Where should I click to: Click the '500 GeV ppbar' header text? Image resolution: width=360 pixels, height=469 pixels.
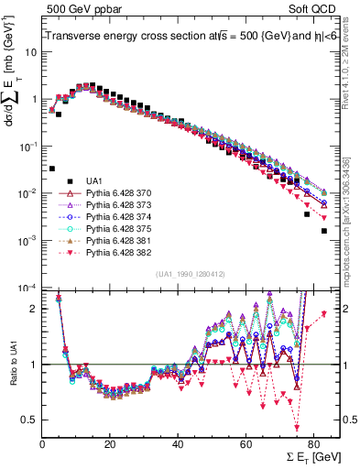tap(76, 8)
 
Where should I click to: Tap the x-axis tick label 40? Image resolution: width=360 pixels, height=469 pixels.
tap(178, 438)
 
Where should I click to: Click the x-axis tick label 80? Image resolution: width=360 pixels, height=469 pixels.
tap(313, 438)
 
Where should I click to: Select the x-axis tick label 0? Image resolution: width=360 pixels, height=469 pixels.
tap(42, 438)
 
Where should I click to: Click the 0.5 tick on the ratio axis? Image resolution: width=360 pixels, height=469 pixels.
tap(30, 420)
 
